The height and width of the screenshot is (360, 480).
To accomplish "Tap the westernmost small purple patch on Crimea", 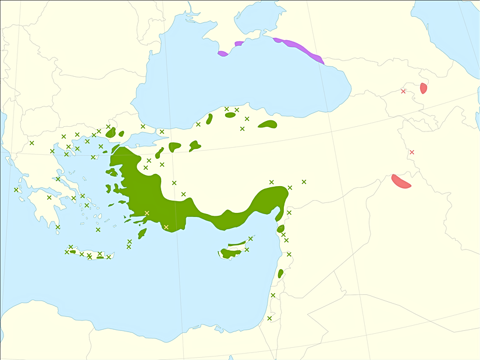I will point(222,54).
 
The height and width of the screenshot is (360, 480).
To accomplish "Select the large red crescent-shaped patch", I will point(400,181).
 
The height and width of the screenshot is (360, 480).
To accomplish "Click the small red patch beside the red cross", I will point(424,88).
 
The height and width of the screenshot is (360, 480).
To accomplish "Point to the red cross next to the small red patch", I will point(403,91).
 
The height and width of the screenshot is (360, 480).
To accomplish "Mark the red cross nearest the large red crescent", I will point(412,152).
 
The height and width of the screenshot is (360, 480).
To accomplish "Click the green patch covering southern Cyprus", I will point(230,253).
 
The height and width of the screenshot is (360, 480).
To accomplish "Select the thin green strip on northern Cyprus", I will point(237,244).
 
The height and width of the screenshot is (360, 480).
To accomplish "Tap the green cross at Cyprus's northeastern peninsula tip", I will point(251,238).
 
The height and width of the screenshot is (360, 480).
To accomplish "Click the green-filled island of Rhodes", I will point(142,233).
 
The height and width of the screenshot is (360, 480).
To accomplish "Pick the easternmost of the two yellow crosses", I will point(166,227).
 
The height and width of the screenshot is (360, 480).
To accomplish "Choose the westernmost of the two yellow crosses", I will point(147,213).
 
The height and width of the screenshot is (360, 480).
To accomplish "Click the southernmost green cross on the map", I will point(269,318).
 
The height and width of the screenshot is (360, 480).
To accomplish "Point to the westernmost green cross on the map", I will point(16,190).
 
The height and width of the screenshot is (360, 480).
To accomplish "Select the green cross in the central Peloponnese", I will point(49,198).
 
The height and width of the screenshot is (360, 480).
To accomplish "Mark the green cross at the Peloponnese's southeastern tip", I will point(58,227).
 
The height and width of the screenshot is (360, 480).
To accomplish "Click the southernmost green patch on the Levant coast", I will point(280,273).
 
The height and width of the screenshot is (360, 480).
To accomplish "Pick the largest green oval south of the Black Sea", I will point(268,124).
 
